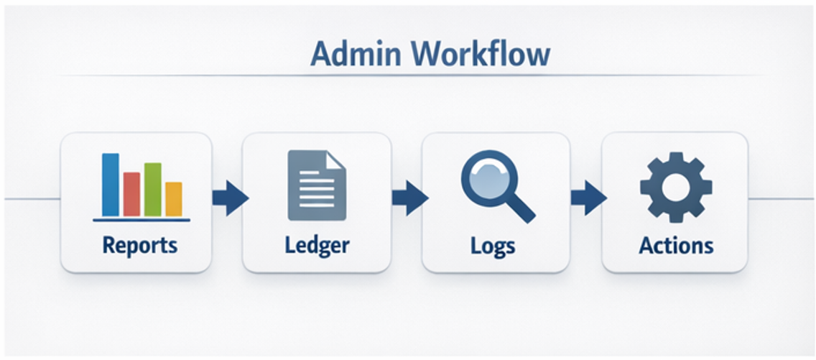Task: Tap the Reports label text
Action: [x=139, y=245]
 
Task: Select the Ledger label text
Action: [x=316, y=245]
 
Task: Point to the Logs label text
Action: [x=493, y=246]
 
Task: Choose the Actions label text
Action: [x=676, y=245]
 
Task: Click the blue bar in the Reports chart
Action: [x=110, y=185]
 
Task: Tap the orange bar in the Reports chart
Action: [x=173, y=199]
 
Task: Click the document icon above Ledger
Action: [x=315, y=185]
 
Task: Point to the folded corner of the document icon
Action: [x=336, y=159]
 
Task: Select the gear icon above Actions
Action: [x=675, y=185]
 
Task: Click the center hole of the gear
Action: [x=675, y=185]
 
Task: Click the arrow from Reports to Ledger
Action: [x=229, y=198]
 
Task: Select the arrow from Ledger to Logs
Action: [x=409, y=198]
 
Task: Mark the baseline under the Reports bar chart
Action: [x=141, y=219]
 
